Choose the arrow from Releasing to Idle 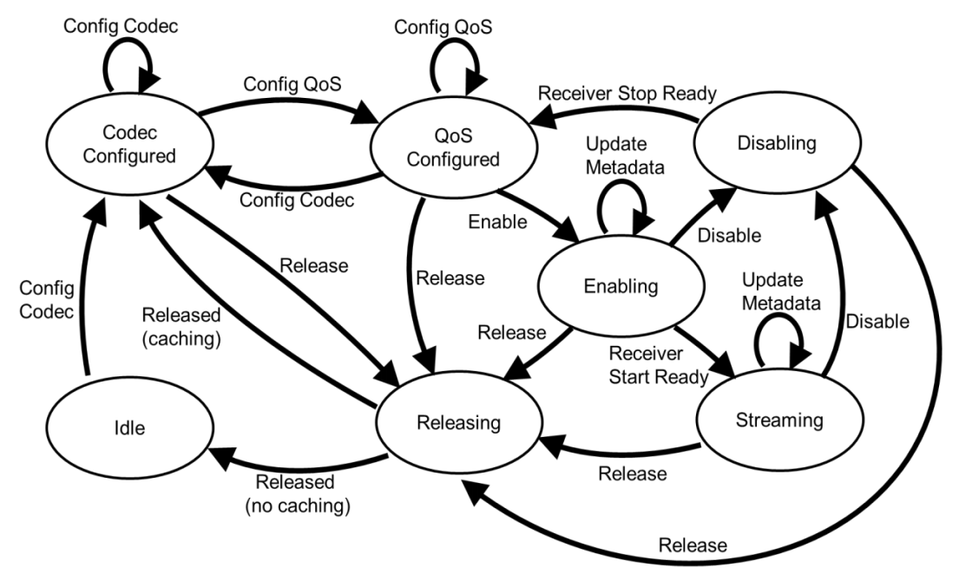286,468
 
